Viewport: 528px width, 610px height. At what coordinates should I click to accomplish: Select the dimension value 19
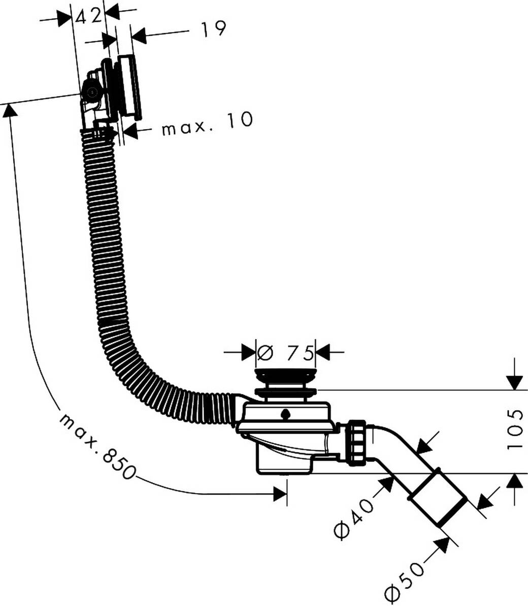[x=212, y=29]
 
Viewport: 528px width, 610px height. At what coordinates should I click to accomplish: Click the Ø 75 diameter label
[x=285, y=352]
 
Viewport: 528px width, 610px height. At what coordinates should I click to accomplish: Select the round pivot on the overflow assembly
[x=92, y=93]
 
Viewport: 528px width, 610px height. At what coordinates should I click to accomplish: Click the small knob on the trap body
[x=286, y=414]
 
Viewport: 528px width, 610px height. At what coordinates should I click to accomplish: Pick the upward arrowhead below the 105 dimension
[x=515, y=480]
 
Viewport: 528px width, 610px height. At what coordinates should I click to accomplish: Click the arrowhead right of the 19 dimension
[x=139, y=36]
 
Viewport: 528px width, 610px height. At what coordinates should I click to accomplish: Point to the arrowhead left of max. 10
[x=130, y=131]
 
